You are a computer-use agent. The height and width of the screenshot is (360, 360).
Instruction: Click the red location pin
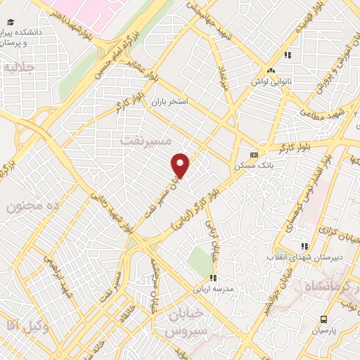[181, 165]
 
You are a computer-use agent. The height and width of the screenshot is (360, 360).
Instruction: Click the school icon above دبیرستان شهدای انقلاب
[304, 246]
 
